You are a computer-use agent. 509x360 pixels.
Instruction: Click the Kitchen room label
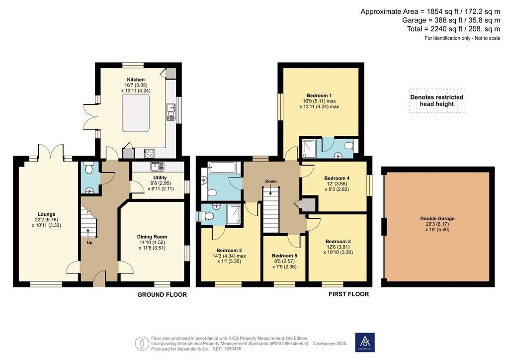[136, 80]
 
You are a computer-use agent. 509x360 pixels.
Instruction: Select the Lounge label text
[46, 214]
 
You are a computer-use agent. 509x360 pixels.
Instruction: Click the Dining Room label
[152, 237]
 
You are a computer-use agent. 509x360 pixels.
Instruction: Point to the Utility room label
[160, 178]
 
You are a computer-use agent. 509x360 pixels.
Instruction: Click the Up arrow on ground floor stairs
[88, 233]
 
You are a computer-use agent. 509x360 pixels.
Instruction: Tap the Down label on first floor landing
[271, 181]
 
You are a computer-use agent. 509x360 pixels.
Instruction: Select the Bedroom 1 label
[319, 95]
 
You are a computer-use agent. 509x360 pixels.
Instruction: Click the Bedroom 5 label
[284, 256]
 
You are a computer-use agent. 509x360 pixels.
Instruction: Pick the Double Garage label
[437, 219]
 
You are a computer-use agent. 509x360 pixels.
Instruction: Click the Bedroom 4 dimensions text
[337, 186]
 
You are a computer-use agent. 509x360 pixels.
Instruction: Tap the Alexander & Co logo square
[365, 342]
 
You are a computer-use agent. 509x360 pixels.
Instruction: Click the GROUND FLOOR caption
[162, 295]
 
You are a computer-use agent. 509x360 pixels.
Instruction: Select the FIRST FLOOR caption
[348, 294]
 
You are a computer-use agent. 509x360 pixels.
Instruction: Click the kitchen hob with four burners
[149, 153]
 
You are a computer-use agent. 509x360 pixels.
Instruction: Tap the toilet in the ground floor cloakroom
[88, 168]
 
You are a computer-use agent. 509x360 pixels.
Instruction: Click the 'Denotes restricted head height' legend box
[437, 100]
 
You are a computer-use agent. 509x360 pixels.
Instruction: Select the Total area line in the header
[453, 29]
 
